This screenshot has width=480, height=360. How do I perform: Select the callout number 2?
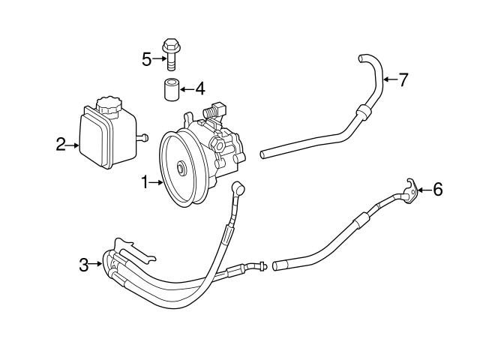pyautogui.click(x=61, y=145)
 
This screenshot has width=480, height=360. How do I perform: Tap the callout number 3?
pyautogui.click(x=85, y=263)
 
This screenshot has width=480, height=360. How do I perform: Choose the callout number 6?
pyautogui.click(x=438, y=190)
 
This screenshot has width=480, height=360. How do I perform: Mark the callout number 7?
pyautogui.click(x=403, y=79)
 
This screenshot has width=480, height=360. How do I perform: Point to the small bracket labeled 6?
pyautogui.click(x=409, y=190)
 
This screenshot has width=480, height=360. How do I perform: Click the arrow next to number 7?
pyautogui.click(x=388, y=79)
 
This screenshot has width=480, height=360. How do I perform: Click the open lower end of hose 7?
pyautogui.click(x=264, y=155)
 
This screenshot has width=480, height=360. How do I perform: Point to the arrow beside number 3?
pyautogui.click(x=97, y=263)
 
